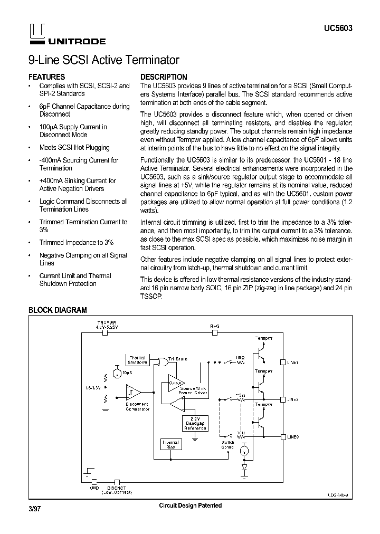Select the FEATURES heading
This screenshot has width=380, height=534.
point(46,77)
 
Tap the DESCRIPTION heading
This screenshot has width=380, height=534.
point(164,77)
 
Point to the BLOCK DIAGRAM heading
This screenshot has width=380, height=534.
point(58,310)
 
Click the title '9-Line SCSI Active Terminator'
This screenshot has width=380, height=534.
point(103,60)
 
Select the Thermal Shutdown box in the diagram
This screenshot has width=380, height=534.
point(137,359)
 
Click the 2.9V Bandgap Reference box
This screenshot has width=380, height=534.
point(195,423)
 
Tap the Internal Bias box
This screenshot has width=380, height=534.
point(170,444)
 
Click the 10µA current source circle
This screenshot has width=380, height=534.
point(116,368)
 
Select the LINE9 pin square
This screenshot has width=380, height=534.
point(283,437)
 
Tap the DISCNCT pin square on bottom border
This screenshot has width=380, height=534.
point(117,481)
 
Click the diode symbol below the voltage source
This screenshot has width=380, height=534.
point(244,467)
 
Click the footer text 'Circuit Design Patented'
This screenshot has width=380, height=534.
point(190,506)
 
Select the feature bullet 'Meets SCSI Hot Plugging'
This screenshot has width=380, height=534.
point(74,148)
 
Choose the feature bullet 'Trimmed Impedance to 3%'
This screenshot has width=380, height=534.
point(76,243)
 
